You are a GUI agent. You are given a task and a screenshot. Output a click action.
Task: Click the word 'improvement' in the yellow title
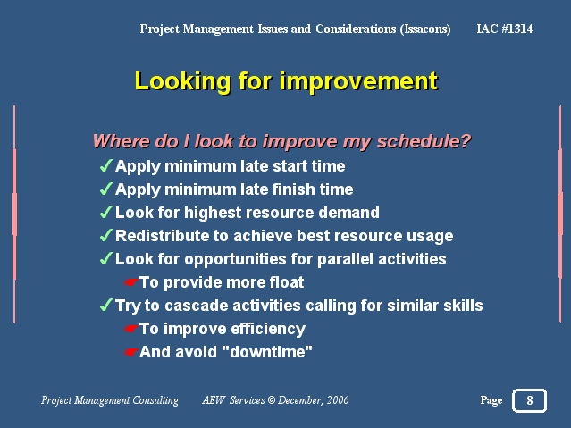point(358,82)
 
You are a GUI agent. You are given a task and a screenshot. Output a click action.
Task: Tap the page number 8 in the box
point(530,400)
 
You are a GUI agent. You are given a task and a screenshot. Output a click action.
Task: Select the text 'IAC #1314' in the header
point(504,29)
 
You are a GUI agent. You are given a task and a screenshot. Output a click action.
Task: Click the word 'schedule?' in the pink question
point(424,141)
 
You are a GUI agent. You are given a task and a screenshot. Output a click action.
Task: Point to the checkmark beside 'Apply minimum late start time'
point(105,165)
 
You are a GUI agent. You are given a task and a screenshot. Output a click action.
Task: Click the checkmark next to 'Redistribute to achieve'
point(105,235)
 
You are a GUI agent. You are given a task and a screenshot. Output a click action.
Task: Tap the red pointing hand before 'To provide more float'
point(130,282)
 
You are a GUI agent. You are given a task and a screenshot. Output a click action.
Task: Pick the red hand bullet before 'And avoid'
point(130,352)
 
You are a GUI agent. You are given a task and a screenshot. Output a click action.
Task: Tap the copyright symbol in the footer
point(272,400)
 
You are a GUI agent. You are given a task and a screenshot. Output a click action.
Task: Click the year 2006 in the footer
point(338,400)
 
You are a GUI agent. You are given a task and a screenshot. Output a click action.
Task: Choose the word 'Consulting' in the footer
point(155,400)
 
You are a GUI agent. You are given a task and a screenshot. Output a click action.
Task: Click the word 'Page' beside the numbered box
point(491,400)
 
